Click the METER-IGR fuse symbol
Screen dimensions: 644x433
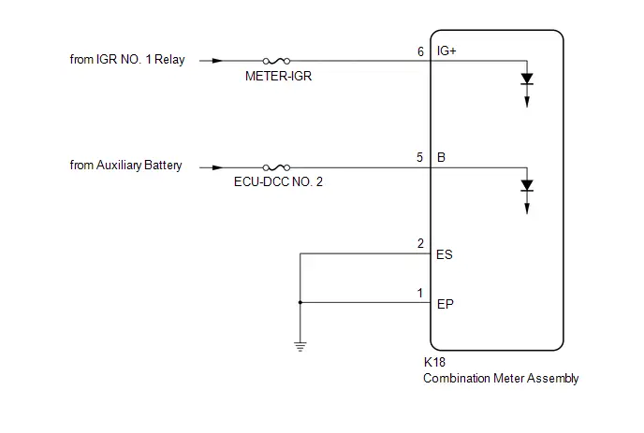click(x=276, y=61)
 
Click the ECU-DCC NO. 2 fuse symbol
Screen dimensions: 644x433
click(x=276, y=167)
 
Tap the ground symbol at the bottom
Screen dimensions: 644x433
click(x=300, y=347)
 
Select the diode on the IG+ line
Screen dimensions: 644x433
click(x=527, y=79)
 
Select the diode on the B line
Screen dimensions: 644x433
click(x=527, y=185)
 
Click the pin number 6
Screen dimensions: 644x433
click(x=420, y=51)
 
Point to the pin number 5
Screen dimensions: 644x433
click(x=419, y=158)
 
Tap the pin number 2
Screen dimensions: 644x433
click(x=420, y=244)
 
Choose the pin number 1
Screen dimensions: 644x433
click(x=420, y=293)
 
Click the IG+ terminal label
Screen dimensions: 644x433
click(x=446, y=51)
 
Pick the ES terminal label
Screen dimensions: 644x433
click(x=445, y=255)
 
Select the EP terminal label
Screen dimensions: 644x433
click(x=446, y=304)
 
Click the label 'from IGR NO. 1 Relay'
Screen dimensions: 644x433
click(x=127, y=60)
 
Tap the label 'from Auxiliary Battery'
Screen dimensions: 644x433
click(x=125, y=166)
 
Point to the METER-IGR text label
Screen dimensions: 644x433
click(x=278, y=76)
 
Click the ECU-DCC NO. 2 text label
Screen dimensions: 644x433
click(x=278, y=181)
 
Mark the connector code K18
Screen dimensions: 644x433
click(x=434, y=362)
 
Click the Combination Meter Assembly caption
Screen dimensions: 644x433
click(x=501, y=379)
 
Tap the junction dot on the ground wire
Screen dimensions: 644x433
click(x=300, y=302)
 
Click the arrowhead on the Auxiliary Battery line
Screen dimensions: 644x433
click(x=218, y=167)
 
